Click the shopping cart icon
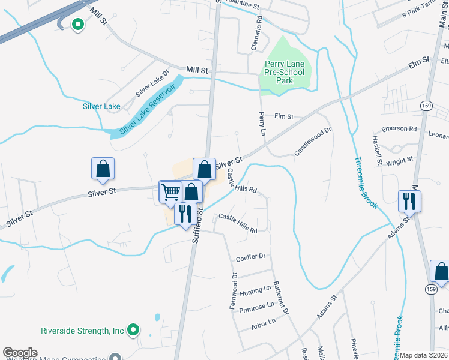tap(171, 192)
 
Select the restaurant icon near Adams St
tap(409, 201)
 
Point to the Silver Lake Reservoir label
tap(147, 109)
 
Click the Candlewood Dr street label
tap(313, 142)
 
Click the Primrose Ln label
tap(256, 307)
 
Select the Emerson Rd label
tap(399, 129)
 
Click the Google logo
tap(20, 353)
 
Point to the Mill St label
tap(196, 70)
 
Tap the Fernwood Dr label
tap(233, 291)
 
